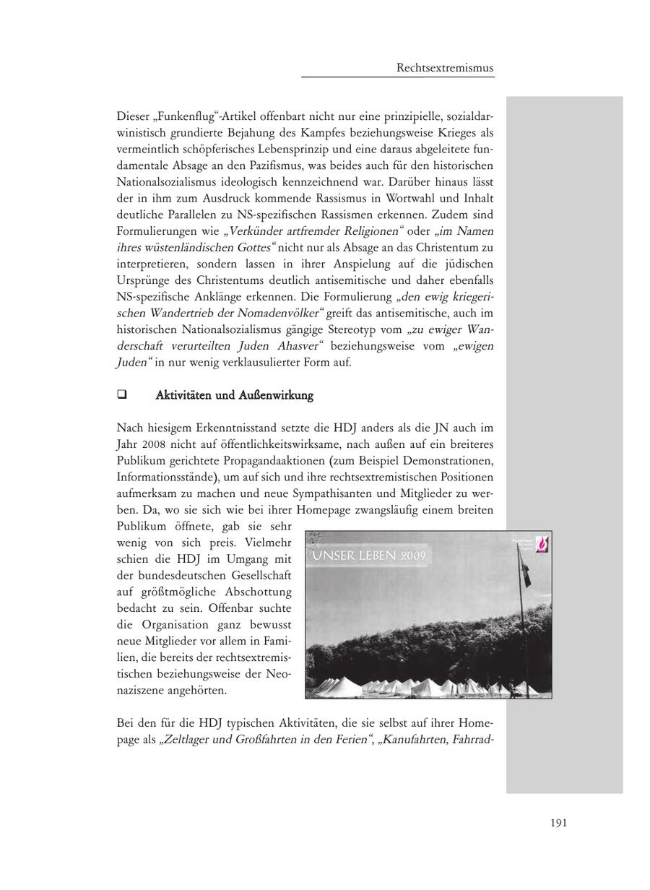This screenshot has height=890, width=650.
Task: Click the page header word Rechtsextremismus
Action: click(x=445, y=68)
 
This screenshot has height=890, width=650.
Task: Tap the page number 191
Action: click(x=558, y=823)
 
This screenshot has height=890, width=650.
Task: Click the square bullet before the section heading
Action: click(x=121, y=395)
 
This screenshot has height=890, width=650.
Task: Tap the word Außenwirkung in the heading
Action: click(x=281, y=395)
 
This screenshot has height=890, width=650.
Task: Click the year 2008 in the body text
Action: click(x=153, y=444)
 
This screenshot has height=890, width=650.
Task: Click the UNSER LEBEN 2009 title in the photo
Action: click(x=370, y=556)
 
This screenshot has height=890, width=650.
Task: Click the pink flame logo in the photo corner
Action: click(x=540, y=544)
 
